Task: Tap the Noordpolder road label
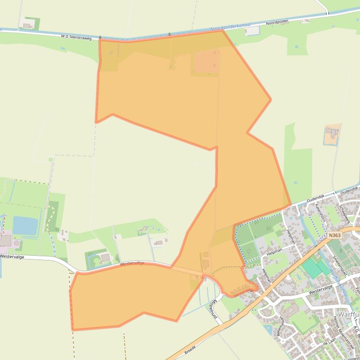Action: click(277, 22)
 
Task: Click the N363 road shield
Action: click(335, 236)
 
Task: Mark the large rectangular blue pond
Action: click(25, 225)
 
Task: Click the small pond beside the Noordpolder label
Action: click(253, 31)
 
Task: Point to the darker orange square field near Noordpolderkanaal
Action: click(205, 63)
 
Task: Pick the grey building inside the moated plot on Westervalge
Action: click(105, 258)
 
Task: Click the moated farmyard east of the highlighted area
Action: click(333, 135)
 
